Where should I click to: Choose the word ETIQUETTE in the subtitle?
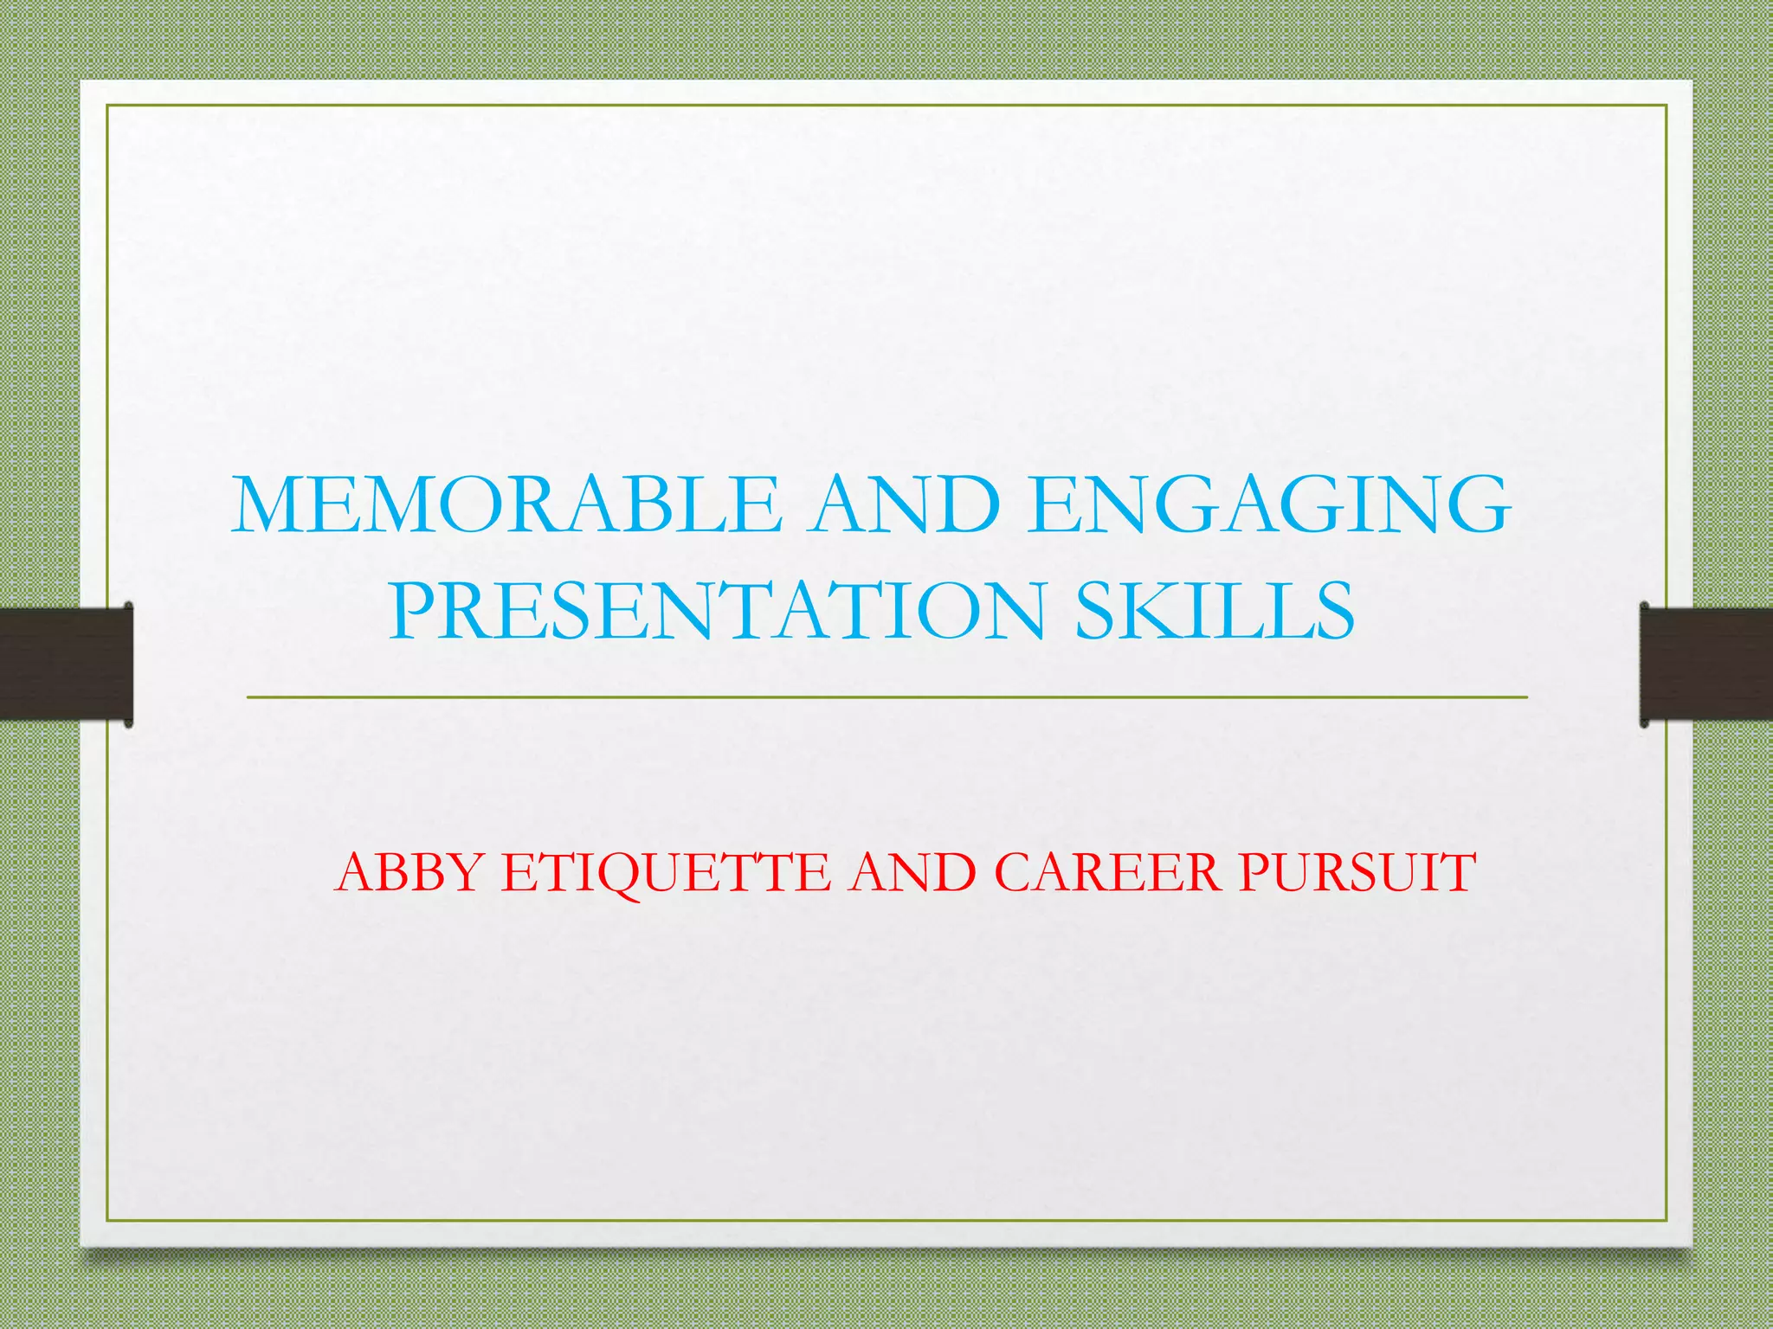(x=667, y=871)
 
